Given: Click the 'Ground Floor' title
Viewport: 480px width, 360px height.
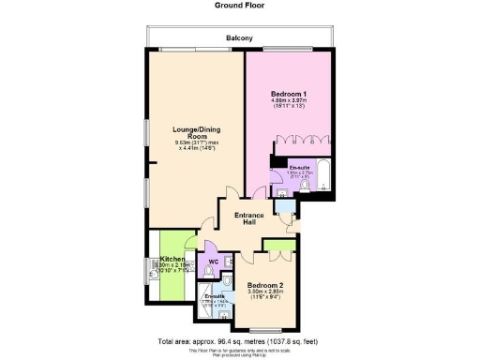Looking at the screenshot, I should [x=239, y=5].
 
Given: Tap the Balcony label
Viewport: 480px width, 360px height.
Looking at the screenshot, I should [x=240, y=38].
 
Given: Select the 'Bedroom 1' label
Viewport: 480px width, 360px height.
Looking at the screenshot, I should [x=290, y=94].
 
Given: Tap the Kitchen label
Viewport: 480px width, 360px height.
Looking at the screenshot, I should [x=172, y=258].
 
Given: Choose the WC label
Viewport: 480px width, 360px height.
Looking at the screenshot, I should [x=213, y=262].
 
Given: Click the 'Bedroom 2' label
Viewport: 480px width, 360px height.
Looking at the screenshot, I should [x=265, y=285].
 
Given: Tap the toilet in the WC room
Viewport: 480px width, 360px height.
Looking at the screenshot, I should [x=216, y=277].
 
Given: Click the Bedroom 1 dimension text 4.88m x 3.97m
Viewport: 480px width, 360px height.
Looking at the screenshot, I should [x=290, y=101].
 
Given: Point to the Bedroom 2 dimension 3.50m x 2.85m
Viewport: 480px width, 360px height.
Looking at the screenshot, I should [x=265, y=292].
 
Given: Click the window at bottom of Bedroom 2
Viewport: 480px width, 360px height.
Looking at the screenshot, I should [x=266, y=327].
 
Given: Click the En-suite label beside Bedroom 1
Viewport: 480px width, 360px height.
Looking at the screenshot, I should [x=299, y=167].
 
